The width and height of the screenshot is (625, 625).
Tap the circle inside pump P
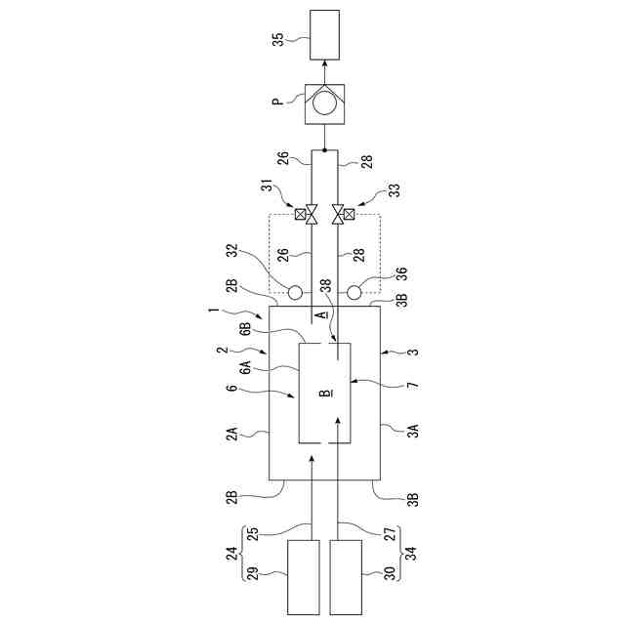(325, 103)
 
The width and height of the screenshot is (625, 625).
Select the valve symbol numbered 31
(311, 214)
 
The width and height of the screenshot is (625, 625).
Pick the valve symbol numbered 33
(338, 214)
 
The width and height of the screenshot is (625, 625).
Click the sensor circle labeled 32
(295, 293)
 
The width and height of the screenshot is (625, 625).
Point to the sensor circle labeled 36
(354, 293)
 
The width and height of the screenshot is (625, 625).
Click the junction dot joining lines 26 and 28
(324, 150)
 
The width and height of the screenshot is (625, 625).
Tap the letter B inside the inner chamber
(325, 393)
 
